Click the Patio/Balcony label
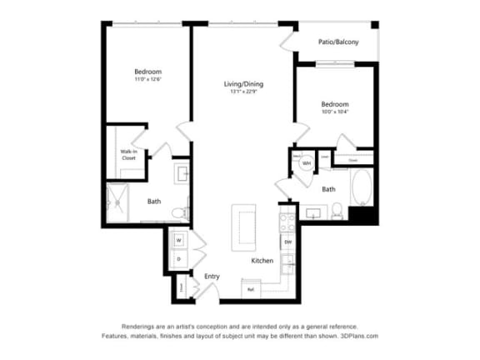338,42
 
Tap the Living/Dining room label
242,84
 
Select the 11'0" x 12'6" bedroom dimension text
147,80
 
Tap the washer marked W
178,240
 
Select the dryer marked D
178,259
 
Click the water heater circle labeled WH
307,163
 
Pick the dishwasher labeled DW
287,242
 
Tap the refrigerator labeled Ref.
249,288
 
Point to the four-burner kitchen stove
286,223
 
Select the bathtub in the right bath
362,189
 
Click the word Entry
212,276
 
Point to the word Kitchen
262,262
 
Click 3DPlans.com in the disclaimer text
359,335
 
